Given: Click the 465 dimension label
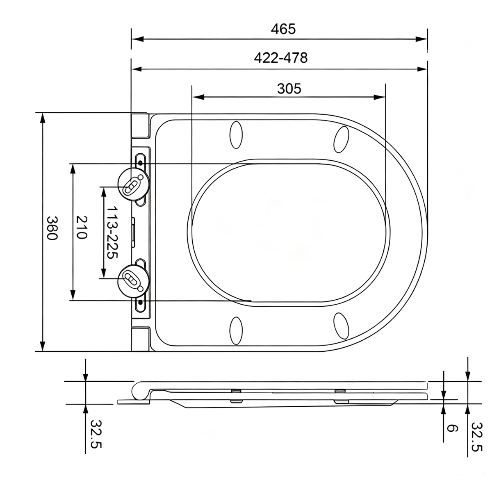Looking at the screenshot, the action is pyautogui.click(x=283, y=29).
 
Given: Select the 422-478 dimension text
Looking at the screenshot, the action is pyautogui.click(x=280, y=58).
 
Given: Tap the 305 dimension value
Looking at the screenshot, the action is pyautogui.click(x=289, y=89).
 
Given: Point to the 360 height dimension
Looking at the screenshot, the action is pyautogui.click(x=52, y=228).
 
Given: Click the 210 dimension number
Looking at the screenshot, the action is pyautogui.click(x=82, y=227).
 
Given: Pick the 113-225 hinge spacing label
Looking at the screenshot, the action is pyautogui.click(x=112, y=232).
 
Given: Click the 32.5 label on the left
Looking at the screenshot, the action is pyautogui.click(x=96, y=434).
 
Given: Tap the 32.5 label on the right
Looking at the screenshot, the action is pyautogui.click(x=476, y=437).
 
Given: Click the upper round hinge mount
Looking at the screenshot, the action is pyautogui.click(x=134, y=184).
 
